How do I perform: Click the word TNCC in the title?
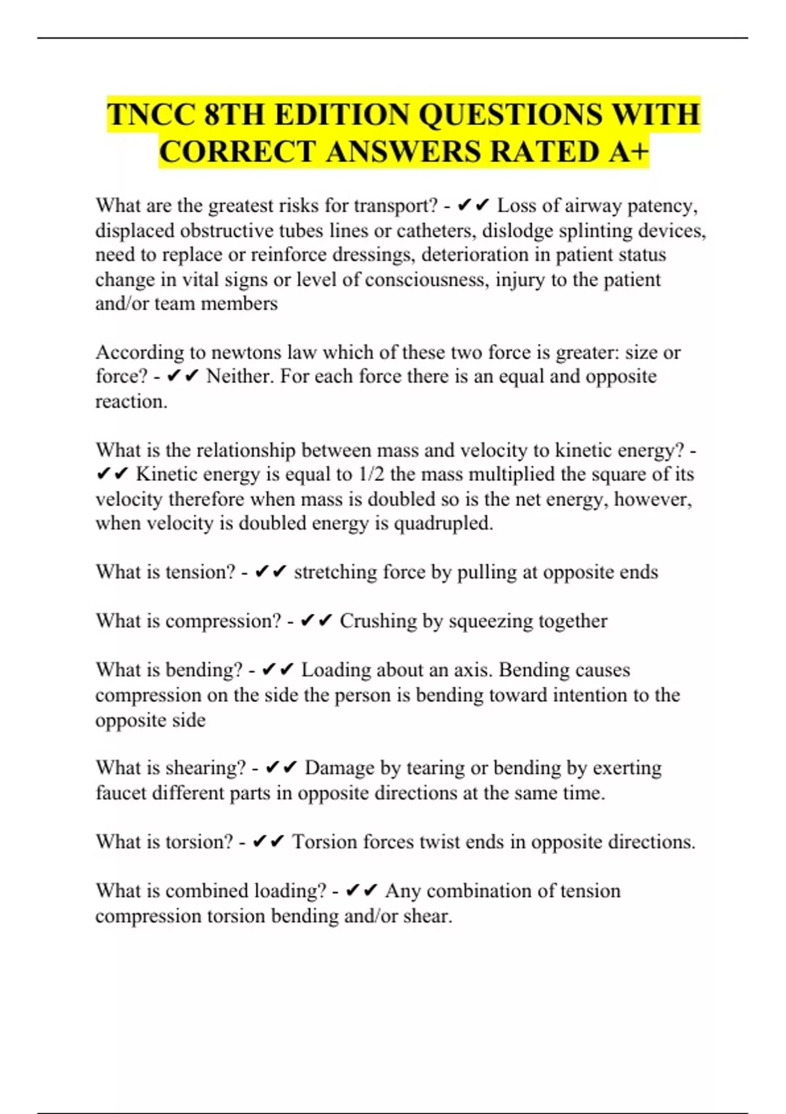pos(151,115)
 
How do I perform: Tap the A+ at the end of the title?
pos(628,152)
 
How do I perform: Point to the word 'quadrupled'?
pos(441,524)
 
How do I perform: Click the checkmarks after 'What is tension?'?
pos(271,572)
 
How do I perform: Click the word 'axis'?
pos(477,670)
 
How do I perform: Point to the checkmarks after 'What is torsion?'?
pos(269,842)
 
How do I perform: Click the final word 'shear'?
pos(426,916)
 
